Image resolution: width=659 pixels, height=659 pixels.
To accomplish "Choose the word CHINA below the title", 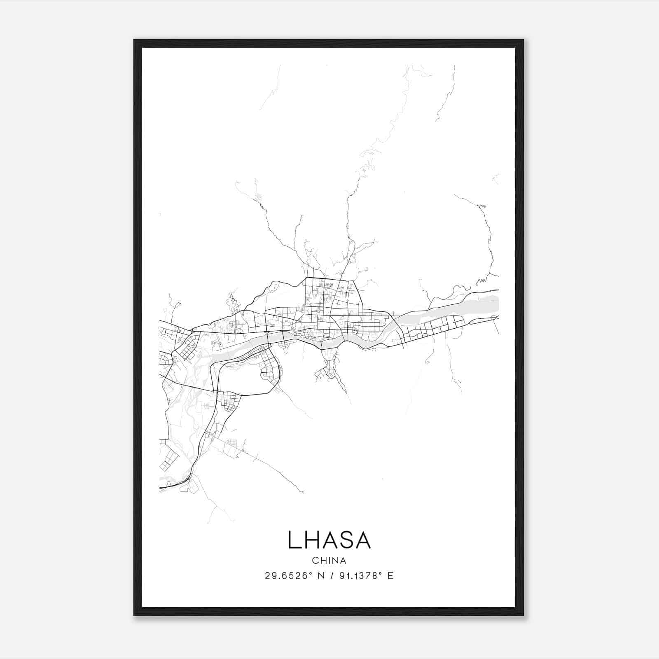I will [x=329, y=561].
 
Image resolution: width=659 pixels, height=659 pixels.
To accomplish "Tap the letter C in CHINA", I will [x=315, y=561].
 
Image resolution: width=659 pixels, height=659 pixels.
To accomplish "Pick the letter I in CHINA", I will [x=329, y=561].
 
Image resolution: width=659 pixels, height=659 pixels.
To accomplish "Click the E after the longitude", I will [x=390, y=576].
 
